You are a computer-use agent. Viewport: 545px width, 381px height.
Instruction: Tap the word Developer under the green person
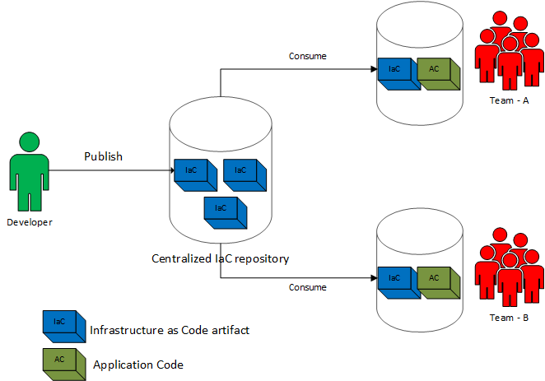tap(30, 222)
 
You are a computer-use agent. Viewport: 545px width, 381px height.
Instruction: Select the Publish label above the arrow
tap(103, 156)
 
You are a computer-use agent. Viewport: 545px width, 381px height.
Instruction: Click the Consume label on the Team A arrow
tap(307, 56)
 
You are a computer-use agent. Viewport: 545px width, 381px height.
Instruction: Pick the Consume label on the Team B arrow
tap(307, 287)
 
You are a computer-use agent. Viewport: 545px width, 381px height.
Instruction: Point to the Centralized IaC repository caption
tap(221, 258)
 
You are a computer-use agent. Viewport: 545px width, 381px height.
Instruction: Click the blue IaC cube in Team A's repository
tap(395, 72)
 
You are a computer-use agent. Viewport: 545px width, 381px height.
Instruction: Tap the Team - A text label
tap(508, 100)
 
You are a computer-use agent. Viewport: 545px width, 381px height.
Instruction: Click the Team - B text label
tap(508, 317)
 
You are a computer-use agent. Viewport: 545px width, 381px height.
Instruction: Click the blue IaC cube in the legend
tap(61, 324)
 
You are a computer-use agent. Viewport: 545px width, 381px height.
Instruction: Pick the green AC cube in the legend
tap(61, 362)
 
